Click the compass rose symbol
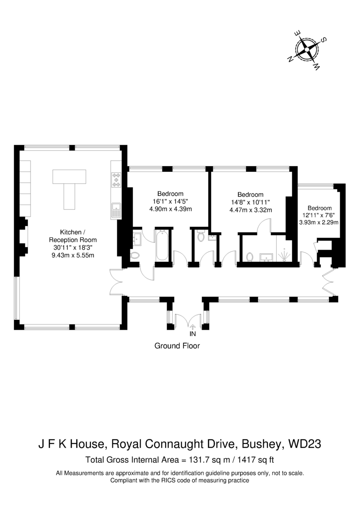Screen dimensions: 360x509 307,50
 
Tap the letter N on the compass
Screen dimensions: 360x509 290,59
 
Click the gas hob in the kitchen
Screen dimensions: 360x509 116,180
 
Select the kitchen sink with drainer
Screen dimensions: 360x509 116,211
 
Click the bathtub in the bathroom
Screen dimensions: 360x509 162,245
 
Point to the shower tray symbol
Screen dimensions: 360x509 284,255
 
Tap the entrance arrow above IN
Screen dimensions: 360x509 193,327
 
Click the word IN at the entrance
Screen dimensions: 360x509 193,333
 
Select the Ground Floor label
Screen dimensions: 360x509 177,346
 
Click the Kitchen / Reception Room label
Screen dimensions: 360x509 73,236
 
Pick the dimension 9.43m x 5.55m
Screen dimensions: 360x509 73,255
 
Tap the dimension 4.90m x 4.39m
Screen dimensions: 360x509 171,209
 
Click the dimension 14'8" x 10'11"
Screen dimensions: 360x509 250,202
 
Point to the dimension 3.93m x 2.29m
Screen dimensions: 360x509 319,222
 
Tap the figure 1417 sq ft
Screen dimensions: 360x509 256,460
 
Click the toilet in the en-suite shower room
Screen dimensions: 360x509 250,257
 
